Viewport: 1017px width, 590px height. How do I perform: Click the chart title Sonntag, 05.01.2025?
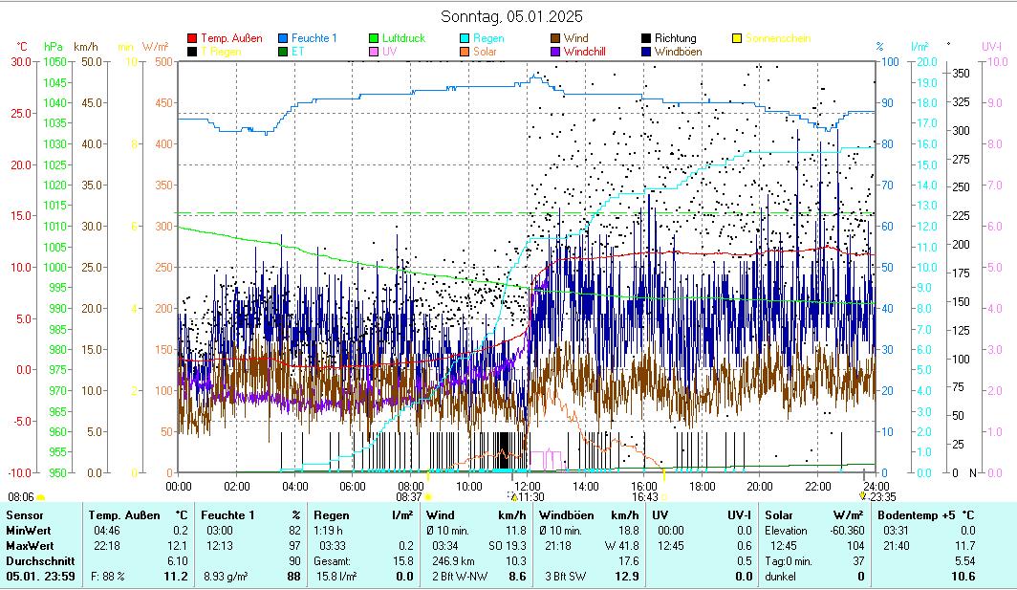coord(511,16)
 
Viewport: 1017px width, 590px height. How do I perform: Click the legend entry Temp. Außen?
coord(231,38)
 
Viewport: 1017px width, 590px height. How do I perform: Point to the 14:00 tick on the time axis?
coord(586,486)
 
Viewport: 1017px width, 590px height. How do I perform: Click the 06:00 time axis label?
coord(353,486)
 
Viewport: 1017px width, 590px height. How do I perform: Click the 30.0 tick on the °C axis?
coord(21,62)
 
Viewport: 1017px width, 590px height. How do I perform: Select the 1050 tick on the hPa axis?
coord(55,62)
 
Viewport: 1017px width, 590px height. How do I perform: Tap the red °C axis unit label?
coord(22,46)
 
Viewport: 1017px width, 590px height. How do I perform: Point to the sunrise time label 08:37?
coord(409,497)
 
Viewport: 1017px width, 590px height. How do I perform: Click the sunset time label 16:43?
coord(645,497)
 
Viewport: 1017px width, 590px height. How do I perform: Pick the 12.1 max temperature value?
coord(178,546)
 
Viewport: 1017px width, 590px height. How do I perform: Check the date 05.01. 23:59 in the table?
coord(36,577)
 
